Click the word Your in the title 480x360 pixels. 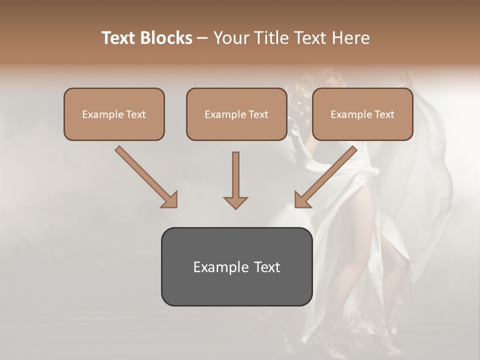(229, 38)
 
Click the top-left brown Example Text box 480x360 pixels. (114, 114)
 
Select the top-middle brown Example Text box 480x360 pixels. (236, 114)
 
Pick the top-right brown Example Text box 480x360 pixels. (362, 114)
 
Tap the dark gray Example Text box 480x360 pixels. (236, 267)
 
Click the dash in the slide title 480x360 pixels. (202, 38)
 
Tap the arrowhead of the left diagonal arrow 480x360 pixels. (169, 199)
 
